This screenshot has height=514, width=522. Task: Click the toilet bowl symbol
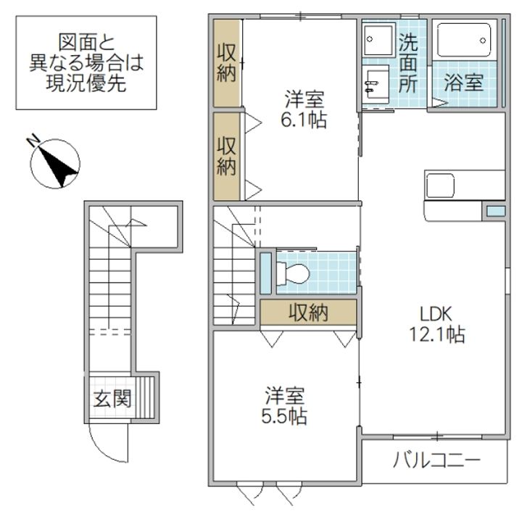pyautogui.click(x=293, y=273)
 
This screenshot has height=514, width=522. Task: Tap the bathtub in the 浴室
pyautogui.click(x=464, y=40)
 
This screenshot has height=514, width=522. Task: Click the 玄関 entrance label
pyautogui.click(x=112, y=399)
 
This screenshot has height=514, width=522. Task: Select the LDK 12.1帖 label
pyautogui.click(x=436, y=324)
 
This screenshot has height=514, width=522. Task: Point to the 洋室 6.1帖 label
pyautogui.click(x=304, y=109)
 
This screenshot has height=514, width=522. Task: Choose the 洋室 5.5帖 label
pyautogui.click(x=284, y=405)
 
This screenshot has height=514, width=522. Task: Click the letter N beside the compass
pyautogui.click(x=33, y=140)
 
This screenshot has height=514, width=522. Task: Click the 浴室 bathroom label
pyautogui.click(x=464, y=83)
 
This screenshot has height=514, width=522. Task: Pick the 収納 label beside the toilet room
pyautogui.click(x=308, y=312)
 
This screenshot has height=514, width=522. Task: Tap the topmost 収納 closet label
pyautogui.click(x=226, y=62)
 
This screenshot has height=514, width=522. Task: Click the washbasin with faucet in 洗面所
pyautogui.click(x=377, y=84)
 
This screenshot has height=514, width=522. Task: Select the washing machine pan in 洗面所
pyautogui.click(x=379, y=39)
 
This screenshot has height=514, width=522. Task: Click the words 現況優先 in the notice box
pyautogui.click(x=86, y=83)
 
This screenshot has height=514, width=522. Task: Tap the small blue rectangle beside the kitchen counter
pyautogui.click(x=497, y=211)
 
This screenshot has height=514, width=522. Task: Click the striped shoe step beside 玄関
pyautogui.click(x=145, y=397)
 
